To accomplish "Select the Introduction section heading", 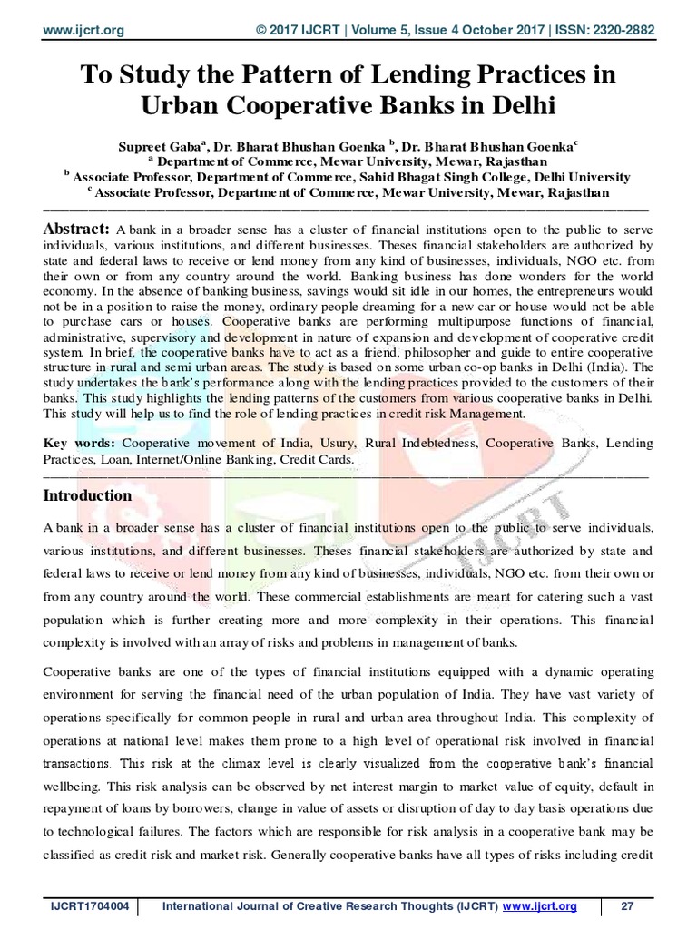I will (88, 495).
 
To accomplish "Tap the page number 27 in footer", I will (625, 907).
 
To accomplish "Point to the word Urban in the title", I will (180, 108).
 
